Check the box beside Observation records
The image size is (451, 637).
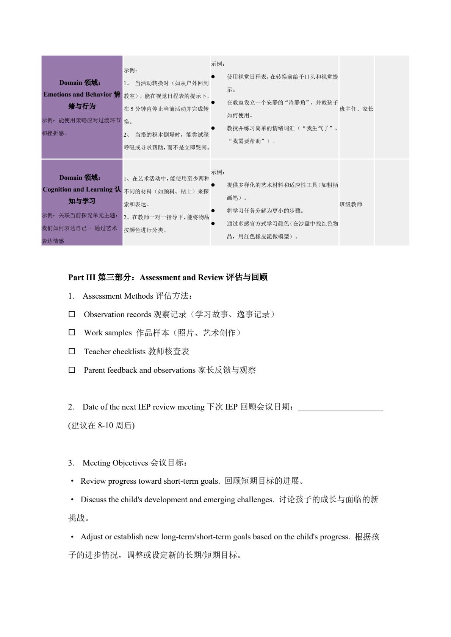[72, 314]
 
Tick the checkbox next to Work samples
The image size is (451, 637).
[72, 333]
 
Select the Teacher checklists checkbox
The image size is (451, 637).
[72, 351]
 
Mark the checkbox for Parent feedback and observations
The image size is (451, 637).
[72, 370]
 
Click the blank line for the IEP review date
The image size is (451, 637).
[340, 407]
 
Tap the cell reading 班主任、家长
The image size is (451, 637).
[356, 109]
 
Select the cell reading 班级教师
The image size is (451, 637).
[351, 204]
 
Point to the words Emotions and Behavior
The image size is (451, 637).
[78, 94]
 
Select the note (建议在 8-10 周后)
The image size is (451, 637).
[102, 426]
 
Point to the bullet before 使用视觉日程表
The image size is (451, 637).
[213, 77]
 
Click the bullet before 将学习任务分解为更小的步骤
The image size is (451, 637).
[213, 210]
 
